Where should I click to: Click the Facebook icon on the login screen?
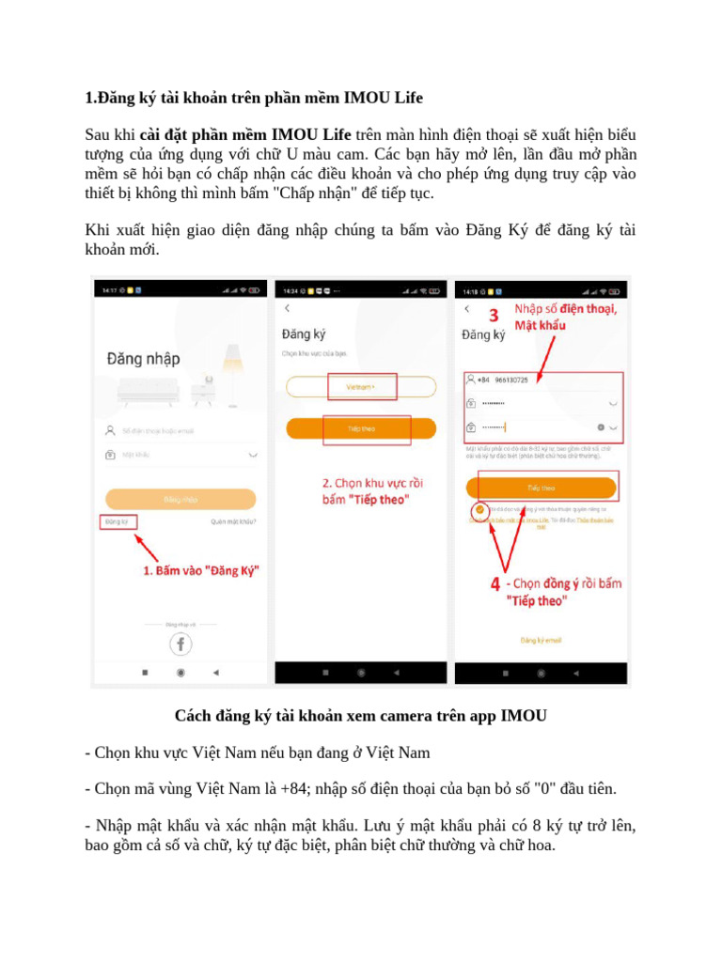click(x=180, y=644)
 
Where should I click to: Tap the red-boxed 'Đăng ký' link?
click(x=118, y=521)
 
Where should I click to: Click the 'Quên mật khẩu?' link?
click(x=233, y=521)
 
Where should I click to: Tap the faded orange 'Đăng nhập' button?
click(x=180, y=499)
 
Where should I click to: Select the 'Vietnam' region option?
click(x=361, y=386)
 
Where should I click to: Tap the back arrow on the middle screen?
click(x=287, y=308)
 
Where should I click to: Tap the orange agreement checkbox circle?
click(x=479, y=509)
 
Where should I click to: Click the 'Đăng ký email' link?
click(x=541, y=641)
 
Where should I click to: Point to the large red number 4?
click(x=495, y=583)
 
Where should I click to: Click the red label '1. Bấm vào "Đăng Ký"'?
click(x=200, y=570)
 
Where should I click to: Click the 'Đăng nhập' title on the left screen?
click(x=144, y=358)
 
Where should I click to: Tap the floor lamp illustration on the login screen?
click(x=229, y=371)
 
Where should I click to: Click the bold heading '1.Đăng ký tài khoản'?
click(x=253, y=98)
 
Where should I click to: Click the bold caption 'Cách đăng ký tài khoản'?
click(x=360, y=716)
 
